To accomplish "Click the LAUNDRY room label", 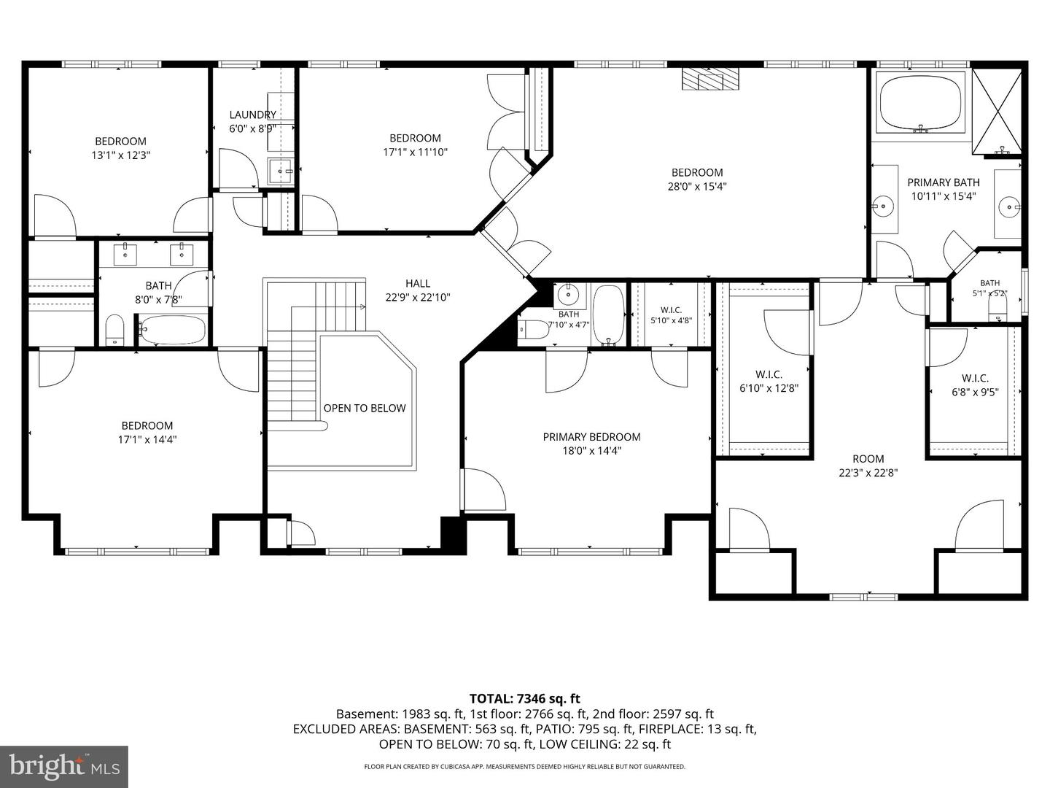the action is [252, 115].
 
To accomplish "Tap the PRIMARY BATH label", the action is [944, 182].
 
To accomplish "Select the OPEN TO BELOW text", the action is [365, 408].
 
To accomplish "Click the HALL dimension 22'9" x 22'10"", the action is [418, 298].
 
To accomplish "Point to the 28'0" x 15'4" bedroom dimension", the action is [697, 187].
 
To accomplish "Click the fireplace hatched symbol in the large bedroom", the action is [711, 79].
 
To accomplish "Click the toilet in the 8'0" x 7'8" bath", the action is [114, 330].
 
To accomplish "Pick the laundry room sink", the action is [281, 171].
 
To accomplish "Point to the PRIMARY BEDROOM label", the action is [592, 437].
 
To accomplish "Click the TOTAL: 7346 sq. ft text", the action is [525, 699].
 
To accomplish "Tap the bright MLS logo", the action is [64, 766].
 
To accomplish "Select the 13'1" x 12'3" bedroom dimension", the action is [121, 155].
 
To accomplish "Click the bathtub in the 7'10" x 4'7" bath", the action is [608, 315].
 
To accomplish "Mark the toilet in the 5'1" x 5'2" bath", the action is [997, 311].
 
